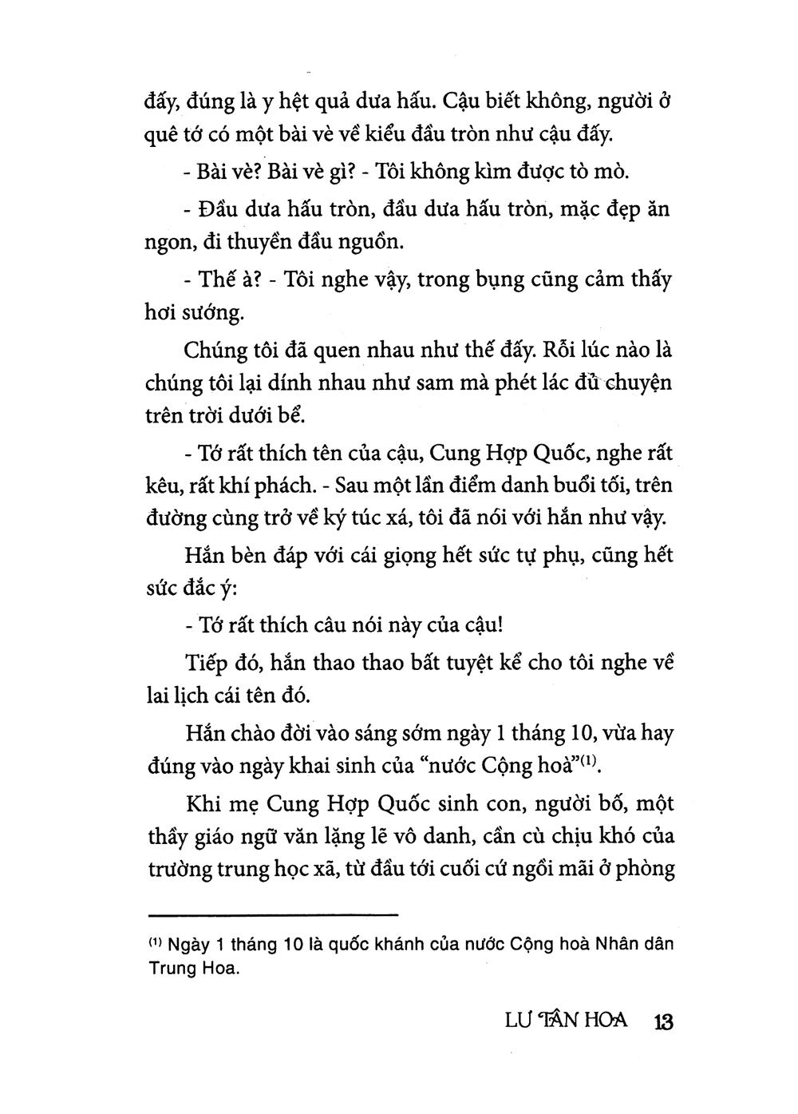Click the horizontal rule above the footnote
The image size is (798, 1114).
(x=273, y=914)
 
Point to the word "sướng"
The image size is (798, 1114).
(x=212, y=312)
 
